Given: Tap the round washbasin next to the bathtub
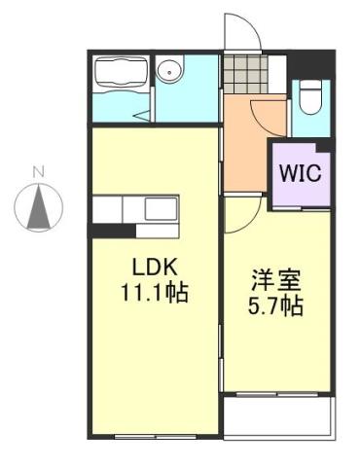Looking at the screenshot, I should [172, 70].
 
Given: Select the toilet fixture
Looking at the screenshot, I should [310, 96].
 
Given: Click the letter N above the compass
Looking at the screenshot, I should [39, 173].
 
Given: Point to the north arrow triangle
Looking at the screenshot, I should [39, 207].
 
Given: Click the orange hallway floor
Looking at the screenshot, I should [245, 146].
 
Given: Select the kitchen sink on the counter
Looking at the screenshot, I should [160, 207].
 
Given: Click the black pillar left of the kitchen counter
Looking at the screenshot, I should [103, 230].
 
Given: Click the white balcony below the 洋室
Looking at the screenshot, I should [279, 418].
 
